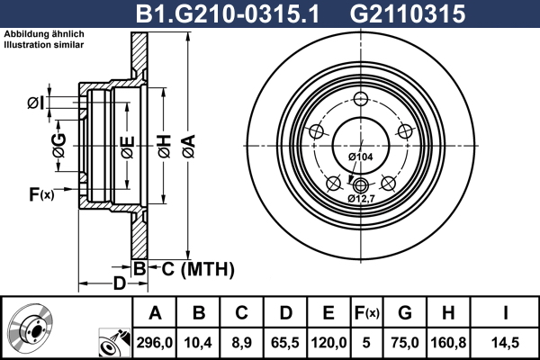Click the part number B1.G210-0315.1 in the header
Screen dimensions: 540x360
[228, 13]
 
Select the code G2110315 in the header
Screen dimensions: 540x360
[408, 13]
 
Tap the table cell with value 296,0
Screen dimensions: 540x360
[154, 343]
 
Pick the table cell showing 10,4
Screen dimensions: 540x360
[198, 343]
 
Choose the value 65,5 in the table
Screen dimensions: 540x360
[285, 343]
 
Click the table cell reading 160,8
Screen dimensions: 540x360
[448, 343]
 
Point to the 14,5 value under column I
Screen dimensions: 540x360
[505, 343]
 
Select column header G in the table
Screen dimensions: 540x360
[405, 313]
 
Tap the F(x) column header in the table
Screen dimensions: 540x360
[367, 313]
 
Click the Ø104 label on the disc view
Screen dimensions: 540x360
[361, 157]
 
